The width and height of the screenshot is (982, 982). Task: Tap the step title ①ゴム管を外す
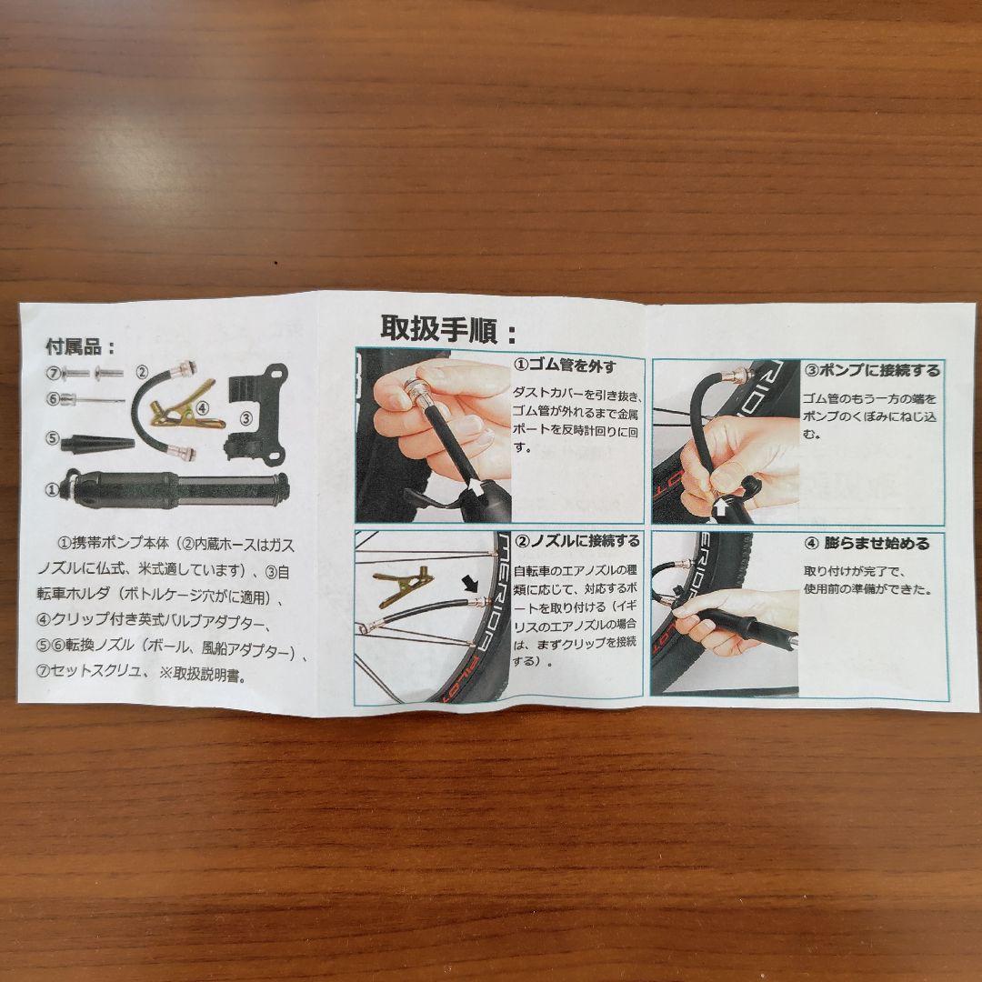(x=565, y=366)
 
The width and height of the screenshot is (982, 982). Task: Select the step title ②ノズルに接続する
(x=576, y=540)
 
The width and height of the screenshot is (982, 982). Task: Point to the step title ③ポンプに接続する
(x=872, y=371)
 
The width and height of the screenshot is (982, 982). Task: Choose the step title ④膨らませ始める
(x=867, y=543)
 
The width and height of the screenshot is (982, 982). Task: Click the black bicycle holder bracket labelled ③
(x=256, y=414)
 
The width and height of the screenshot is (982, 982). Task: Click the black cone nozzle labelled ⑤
(x=97, y=444)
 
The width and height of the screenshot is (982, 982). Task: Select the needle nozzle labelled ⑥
(x=94, y=398)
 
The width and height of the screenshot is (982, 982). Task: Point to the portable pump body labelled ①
(x=175, y=488)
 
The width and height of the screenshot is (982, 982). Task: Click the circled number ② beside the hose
(x=142, y=373)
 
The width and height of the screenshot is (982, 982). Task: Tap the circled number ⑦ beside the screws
(x=54, y=373)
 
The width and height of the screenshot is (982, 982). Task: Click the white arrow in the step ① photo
(x=476, y=486)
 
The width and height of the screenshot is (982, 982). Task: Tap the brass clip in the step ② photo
(x=402, y=586)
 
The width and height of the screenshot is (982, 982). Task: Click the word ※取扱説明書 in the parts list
(x=203, y=674)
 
